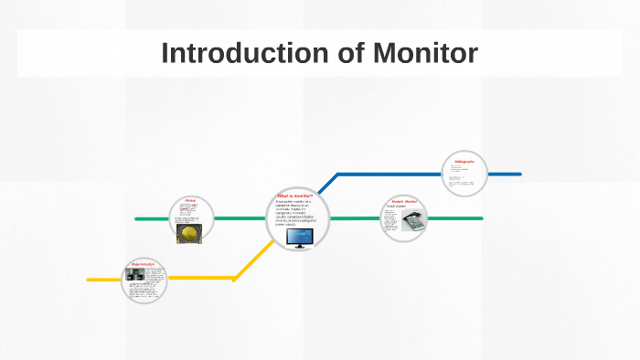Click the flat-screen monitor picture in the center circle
299,238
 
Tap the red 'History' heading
190,200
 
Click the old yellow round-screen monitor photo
188,234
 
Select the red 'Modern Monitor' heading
403,201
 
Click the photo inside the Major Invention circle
138,274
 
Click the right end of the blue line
518,174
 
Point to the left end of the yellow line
90,279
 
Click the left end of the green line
137,218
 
